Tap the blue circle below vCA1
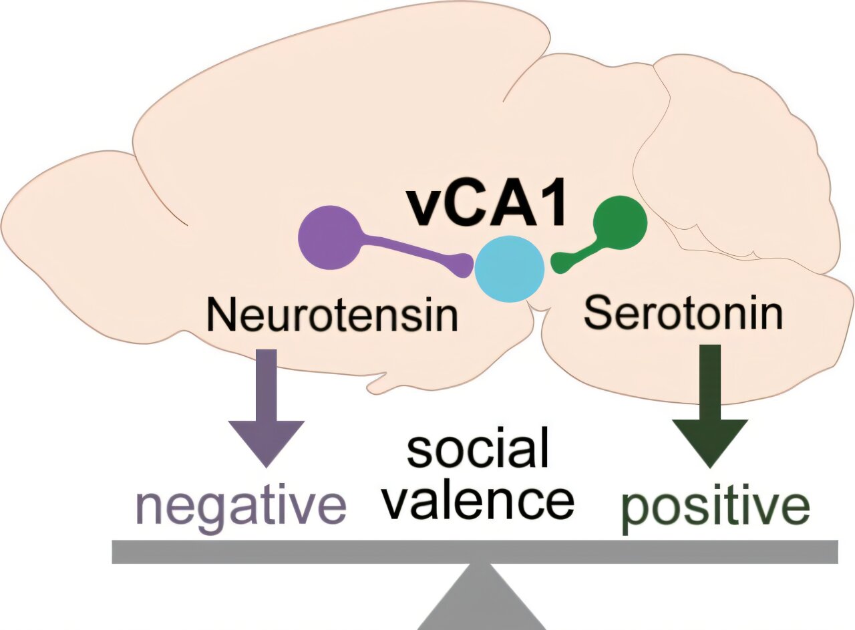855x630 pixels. point(509,269)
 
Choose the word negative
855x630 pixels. point(240,507)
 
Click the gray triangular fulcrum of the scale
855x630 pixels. point(481,601)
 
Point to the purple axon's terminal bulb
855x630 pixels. point(462,265)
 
